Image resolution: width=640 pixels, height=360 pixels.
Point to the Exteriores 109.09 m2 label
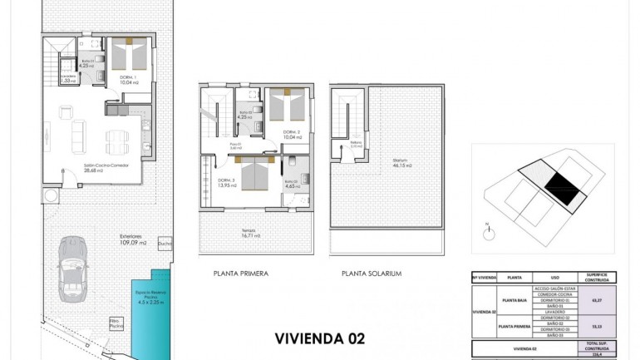(132, 240)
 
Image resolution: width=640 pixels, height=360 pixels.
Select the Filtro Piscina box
(116, 322)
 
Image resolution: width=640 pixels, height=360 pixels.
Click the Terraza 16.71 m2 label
(251, 234)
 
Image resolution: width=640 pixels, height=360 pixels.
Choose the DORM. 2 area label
(290, 135)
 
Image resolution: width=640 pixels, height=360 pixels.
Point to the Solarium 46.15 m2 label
(401, 164)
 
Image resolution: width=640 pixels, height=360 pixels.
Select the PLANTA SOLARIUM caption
(372, 273)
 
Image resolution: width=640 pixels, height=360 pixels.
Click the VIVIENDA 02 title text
(319, 338)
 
